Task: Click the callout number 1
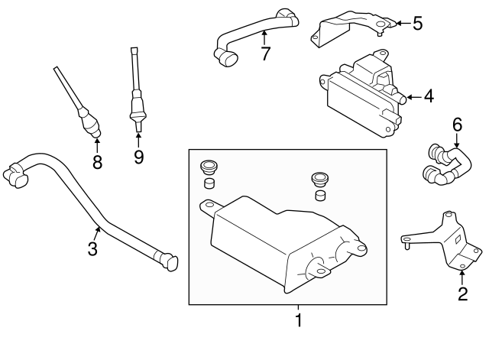299,320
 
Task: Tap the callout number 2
462,294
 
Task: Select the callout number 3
92,248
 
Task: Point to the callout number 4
428,96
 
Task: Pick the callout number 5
416,23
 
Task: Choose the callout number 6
458,123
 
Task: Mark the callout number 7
265,54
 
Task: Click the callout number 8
97,161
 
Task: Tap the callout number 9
138,157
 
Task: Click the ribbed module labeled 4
359,96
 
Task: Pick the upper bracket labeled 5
351,27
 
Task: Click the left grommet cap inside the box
208,170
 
